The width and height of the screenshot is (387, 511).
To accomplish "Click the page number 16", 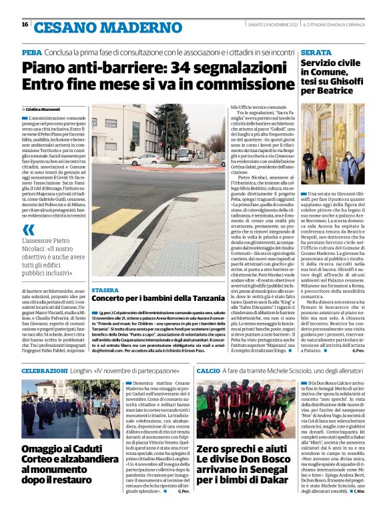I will point(25,24).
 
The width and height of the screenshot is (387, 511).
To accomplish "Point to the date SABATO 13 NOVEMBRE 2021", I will point(272,25).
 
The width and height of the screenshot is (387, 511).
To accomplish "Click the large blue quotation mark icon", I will point(28,229).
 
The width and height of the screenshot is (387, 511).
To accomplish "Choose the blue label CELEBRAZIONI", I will point(44,369).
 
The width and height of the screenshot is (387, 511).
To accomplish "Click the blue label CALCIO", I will point(208,369).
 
